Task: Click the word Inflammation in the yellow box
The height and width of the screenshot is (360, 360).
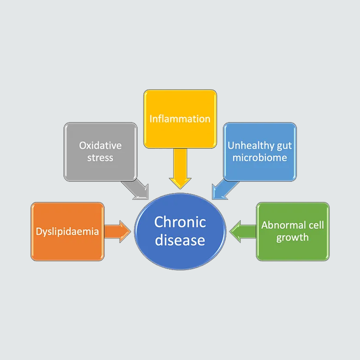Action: click(180, 119)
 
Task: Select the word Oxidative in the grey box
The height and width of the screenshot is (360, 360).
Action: click(100, 145)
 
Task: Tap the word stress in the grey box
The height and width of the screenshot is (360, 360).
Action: click(100, 158)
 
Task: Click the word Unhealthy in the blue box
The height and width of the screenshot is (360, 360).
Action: click(251, 145)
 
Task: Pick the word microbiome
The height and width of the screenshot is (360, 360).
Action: click(260, 158)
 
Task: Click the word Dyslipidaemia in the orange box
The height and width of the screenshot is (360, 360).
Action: click(67, 231)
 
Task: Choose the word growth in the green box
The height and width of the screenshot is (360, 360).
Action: click(292, 238)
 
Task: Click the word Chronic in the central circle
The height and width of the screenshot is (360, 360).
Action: click(180, 222)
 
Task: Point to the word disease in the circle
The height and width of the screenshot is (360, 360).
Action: click(180, 240)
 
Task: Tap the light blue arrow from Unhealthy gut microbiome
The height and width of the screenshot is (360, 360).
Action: click(225, 190)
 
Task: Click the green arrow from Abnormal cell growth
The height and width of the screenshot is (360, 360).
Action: click(243, 231)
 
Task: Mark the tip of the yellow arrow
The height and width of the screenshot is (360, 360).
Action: click(180, 189)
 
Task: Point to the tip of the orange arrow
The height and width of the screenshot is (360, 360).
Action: click(130, 231)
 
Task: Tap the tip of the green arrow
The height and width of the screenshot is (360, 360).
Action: click(230, 231)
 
